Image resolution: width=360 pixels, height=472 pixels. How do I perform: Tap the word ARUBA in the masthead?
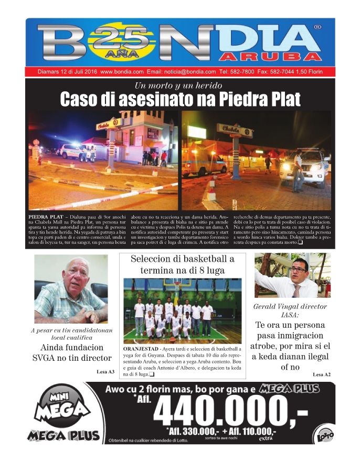270,56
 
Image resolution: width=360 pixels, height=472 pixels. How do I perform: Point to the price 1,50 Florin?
310,71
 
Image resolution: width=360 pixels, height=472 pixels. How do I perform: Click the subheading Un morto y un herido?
178,85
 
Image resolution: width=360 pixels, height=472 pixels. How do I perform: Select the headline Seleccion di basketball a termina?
182,264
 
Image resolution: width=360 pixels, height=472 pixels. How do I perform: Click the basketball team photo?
182,310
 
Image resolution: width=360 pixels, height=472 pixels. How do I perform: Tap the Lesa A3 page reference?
105,371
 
